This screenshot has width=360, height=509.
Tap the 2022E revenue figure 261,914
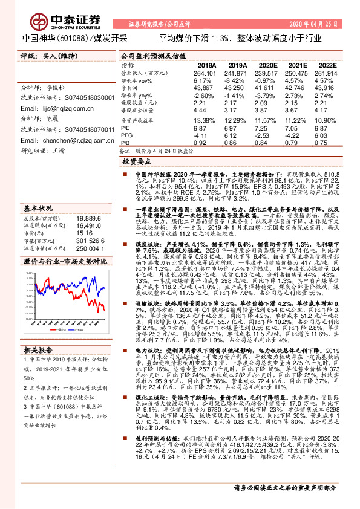325,73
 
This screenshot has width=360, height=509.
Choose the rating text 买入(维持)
56,55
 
